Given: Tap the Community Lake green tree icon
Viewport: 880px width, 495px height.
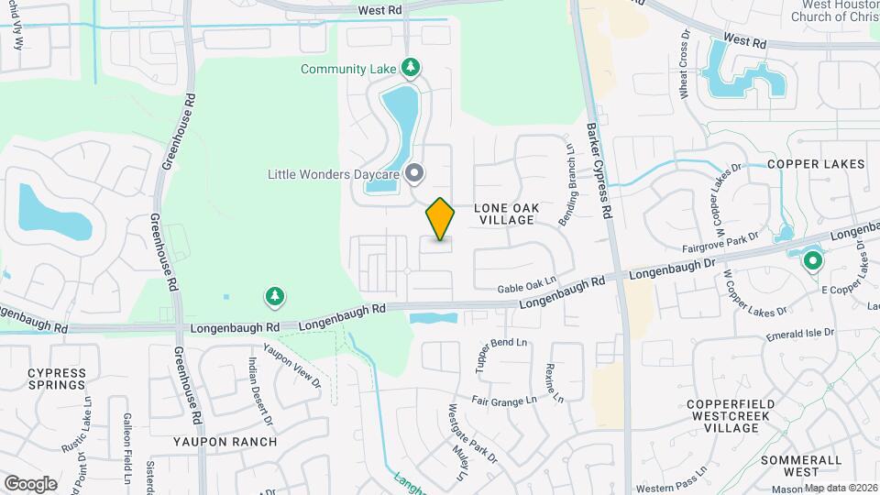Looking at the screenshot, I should (x=412, y=67).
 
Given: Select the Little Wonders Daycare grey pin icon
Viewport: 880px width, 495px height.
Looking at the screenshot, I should (x=414, y=172).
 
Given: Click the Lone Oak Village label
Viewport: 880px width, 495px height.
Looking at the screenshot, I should (x=504, y=214).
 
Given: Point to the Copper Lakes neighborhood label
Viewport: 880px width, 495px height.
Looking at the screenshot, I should (x=816, y=164).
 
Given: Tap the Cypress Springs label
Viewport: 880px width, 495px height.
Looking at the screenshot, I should (x=57, y=379).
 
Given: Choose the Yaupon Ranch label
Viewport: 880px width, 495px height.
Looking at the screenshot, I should (x=225, y=441).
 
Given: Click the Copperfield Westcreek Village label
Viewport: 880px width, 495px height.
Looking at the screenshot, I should (x=731, y=411).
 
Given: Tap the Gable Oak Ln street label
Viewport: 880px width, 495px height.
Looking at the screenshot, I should (x=527, y=286).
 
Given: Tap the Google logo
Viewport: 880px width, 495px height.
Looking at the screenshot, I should (x=30, y=483).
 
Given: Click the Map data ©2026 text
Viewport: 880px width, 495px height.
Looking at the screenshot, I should (x=841, y=488).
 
